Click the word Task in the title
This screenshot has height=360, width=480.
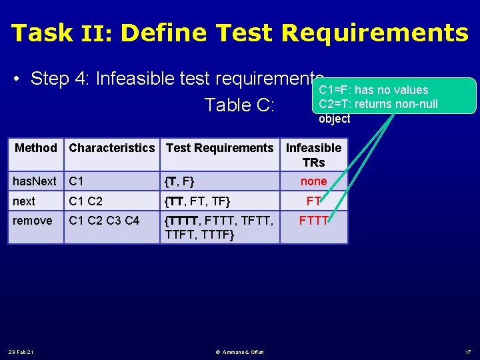pos(41,32)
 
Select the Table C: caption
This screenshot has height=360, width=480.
pos(239,105)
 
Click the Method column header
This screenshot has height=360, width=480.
pos(36,148)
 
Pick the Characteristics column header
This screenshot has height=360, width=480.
pos(111,148)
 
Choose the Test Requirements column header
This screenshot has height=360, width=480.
pos(219,148)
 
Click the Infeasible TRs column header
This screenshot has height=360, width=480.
pos(313,155)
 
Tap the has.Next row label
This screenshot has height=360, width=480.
pos(35,181)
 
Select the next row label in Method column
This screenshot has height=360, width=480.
pos(24,201)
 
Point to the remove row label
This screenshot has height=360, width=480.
pos(32,220)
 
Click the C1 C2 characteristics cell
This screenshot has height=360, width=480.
pos(85,201)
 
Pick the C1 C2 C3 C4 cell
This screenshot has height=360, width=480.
pos(104,220)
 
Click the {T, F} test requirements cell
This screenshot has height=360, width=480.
pos(180,181)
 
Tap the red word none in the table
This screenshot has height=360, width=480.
pos(313,181)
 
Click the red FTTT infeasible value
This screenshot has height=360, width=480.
pos(313,220)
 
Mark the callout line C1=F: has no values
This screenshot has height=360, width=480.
pos(373,90)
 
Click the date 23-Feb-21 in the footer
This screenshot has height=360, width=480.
pos(22,351)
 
